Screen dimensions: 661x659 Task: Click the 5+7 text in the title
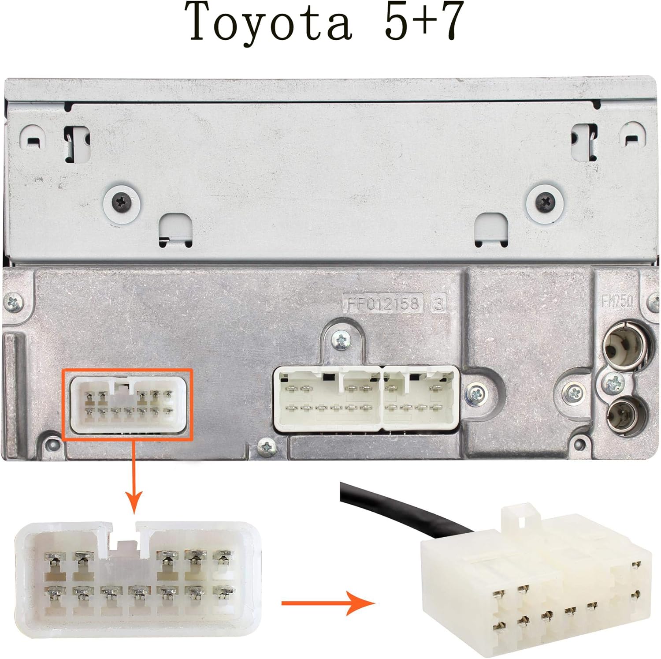point(424,21)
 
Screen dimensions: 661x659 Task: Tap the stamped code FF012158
point(382,303)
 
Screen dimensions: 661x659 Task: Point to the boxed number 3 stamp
point(438,303)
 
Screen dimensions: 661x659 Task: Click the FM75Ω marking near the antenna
point(618,301)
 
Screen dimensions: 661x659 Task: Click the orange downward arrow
point(134,476)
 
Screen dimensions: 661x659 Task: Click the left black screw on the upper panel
point(122,202)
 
